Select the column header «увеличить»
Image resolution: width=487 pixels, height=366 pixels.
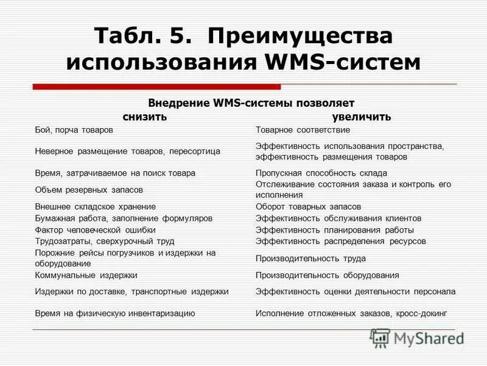(x=362, y=117)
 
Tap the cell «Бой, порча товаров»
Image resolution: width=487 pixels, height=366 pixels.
(x=74, y=130)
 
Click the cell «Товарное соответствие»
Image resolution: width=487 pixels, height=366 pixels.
(x=303, y=130)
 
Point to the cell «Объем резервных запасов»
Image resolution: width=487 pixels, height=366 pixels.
(x=88, y=190)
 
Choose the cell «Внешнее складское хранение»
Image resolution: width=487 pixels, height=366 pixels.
(x=95, y=207)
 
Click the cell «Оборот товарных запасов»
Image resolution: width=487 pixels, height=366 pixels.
(x=308, y=207)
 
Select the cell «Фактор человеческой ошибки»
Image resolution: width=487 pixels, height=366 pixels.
(x=95, y=230)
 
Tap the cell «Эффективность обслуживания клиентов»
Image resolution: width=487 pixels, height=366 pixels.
(x=338, y=218)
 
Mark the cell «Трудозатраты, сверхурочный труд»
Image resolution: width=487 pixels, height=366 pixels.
(x=104, y=242)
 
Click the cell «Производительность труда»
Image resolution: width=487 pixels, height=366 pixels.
(x=310, y=258)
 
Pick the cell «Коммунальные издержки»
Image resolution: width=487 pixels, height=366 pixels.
(x=86, y=276)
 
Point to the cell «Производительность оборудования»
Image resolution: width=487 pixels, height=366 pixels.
(x=328, y=276)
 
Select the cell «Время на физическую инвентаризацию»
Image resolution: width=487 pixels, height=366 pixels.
(x=114, y=313)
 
